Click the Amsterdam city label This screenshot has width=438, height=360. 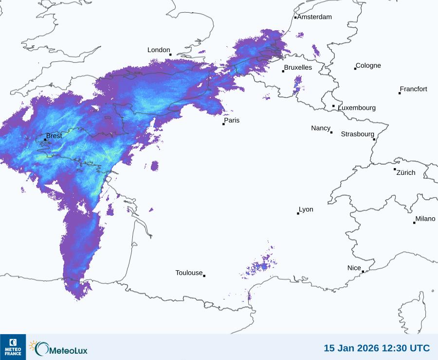(314, 17)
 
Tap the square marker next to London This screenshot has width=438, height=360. (170, 55)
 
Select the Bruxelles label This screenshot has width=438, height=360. (298, 68)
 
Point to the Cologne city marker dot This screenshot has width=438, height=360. (355, 69)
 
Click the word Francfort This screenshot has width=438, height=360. (413, 89)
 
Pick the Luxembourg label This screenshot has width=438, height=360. (357, 108)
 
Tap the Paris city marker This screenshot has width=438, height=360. (223, 124)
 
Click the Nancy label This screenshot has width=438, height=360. (321, 128)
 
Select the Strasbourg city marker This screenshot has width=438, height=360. (374, 139)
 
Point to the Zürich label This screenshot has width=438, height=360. (406, 172)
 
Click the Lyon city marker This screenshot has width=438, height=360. (298, 213)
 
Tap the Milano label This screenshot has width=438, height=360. (425, 219)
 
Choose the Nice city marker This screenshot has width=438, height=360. (363, 272)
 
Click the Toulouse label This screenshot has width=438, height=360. (189, 273)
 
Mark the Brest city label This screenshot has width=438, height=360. (54, 136)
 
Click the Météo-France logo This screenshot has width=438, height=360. (13, 347)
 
